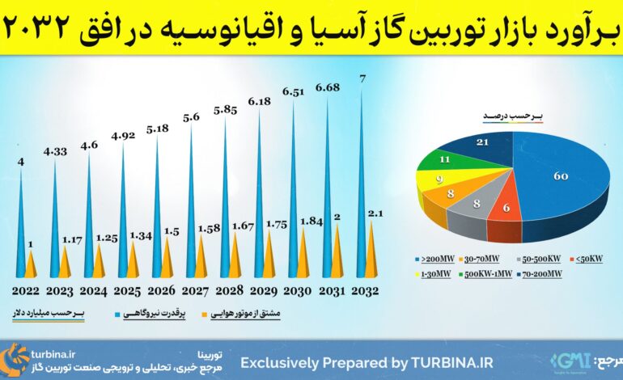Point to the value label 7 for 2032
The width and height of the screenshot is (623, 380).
click(x=362, y=78)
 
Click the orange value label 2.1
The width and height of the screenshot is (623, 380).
click(x=375, y=212)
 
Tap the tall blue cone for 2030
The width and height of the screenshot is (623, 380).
click(x=293, y=194)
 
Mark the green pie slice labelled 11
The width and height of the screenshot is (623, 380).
click(x=445, y=159)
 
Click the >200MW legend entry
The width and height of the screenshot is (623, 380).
click(x=428, y=260)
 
